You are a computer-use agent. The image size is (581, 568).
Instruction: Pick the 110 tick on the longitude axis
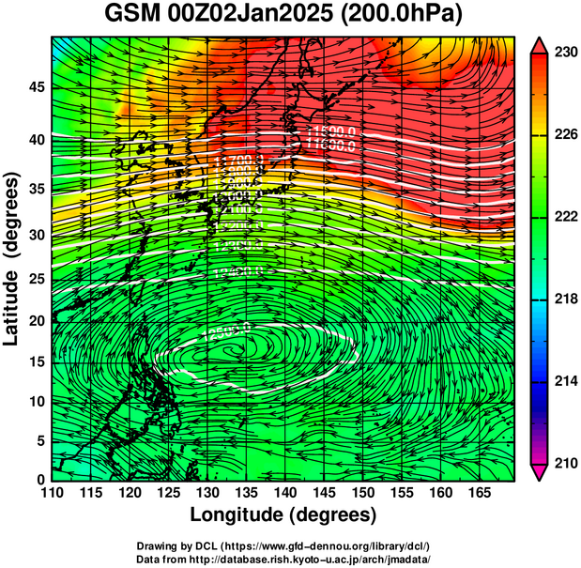tap(52, 492)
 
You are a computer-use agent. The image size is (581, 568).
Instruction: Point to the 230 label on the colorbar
tap(564, 54)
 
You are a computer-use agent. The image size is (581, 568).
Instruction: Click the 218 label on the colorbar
tap(564, 299)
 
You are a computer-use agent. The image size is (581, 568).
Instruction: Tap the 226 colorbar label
tap(564, 135)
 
